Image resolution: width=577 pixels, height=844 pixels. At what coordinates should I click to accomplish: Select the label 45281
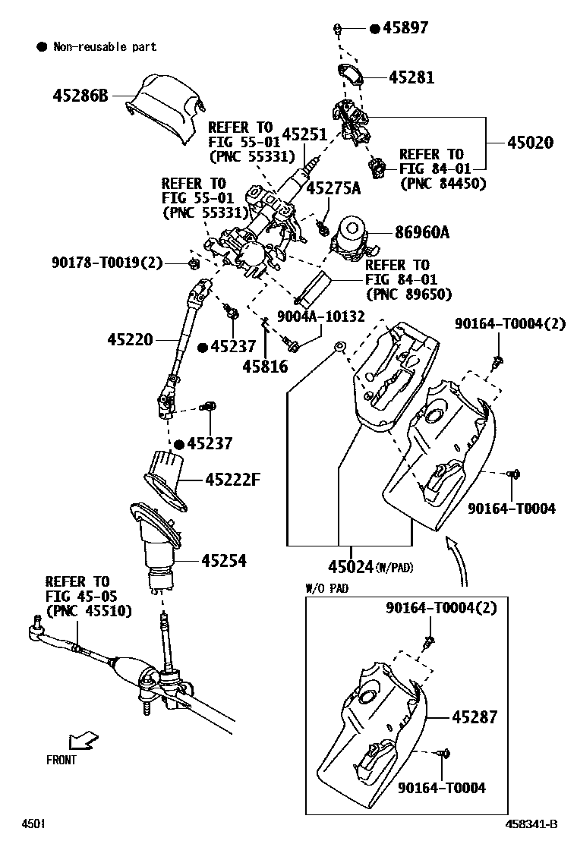(x=411, y=77)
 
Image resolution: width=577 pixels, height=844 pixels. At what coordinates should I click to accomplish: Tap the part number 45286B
(x=80, y=96)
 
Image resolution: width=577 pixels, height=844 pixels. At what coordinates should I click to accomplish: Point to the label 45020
(x=530, y=142)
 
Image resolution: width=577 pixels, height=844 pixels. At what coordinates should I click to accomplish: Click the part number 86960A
(x=422, y=232)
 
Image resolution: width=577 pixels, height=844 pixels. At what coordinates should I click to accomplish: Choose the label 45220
(x=131, y=339)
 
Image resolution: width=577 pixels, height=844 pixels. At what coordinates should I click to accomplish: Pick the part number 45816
(x=266, y=367)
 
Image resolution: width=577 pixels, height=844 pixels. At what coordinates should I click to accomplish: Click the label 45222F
(x=232, y=479)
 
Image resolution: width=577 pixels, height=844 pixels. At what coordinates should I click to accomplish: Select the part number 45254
(x=224, y=561)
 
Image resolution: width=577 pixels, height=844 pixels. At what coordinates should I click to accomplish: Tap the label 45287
(x=475, y=717)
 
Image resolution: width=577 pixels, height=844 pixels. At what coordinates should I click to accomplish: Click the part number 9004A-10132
(x=321, y=316)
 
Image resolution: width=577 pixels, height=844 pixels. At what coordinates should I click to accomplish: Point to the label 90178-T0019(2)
(x=107, y=263)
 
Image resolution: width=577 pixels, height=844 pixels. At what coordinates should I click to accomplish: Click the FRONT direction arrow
(x=84, y=742)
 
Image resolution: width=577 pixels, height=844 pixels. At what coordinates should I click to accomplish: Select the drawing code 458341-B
(x=531, y=824)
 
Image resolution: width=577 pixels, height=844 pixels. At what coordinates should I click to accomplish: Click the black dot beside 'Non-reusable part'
(x=42, y=47)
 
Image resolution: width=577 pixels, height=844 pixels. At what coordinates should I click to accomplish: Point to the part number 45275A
(x=334, y=188)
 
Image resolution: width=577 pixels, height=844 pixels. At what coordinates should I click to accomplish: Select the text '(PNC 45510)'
(x=89, y=611)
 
